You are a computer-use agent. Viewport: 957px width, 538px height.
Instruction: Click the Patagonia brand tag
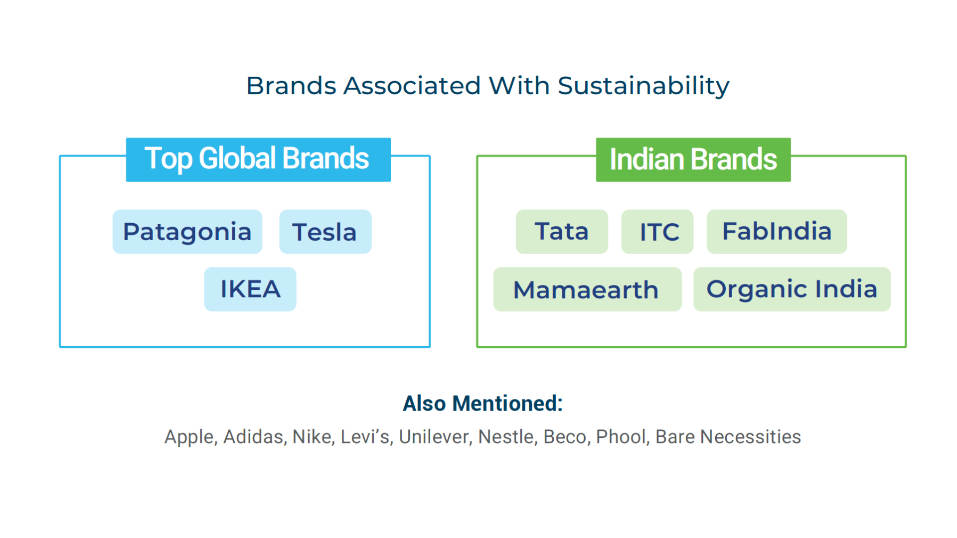[x=187, y=232]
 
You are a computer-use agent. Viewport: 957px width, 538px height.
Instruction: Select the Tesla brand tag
[x=325, y=232]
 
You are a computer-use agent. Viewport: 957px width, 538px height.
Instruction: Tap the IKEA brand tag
[x=250, y=289]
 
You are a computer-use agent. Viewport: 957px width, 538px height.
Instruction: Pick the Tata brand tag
[x=562, y=232]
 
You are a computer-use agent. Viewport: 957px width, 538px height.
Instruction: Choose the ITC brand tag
[x=657, y=232]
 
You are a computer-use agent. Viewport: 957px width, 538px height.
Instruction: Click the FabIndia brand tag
[x=777, y=232]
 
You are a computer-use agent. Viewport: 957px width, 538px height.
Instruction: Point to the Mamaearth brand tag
[x=588, y=289]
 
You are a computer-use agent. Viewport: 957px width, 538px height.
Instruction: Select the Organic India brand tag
[x=792, y=289]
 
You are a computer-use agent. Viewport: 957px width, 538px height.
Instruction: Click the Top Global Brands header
[x=258, y=159]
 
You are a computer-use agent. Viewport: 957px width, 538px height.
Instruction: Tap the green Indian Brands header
[x=693, y=159]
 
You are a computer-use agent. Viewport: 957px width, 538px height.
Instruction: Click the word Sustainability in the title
[x=643, y=86]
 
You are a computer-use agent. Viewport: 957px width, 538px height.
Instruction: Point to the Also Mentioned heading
[x=482, y=403]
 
